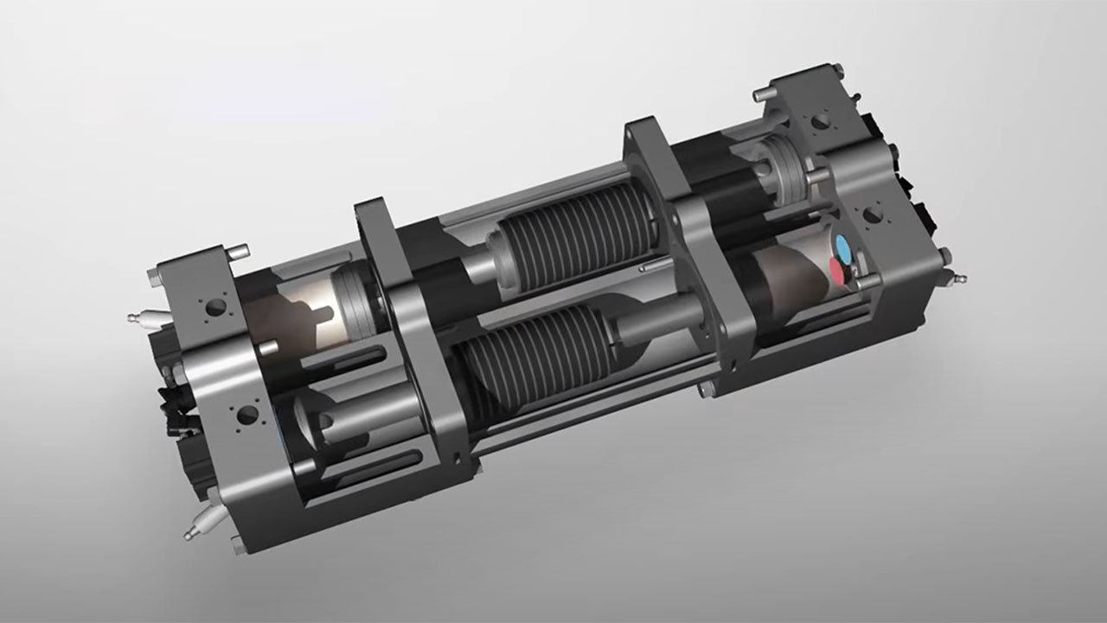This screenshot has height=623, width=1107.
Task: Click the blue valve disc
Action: (842, 244)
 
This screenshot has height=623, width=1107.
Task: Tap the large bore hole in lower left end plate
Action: (246, 414)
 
